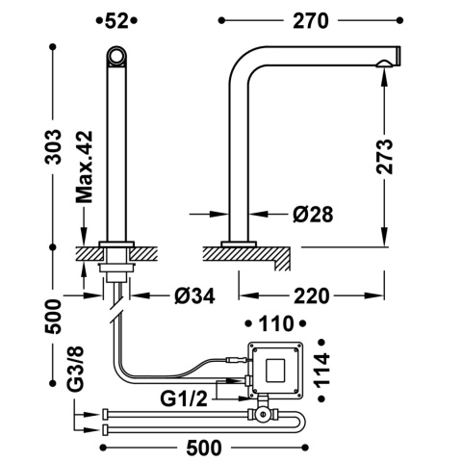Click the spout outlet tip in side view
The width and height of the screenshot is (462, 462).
click(x=388, y=64)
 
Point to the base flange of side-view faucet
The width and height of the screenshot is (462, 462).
click(x=239, y=243)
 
